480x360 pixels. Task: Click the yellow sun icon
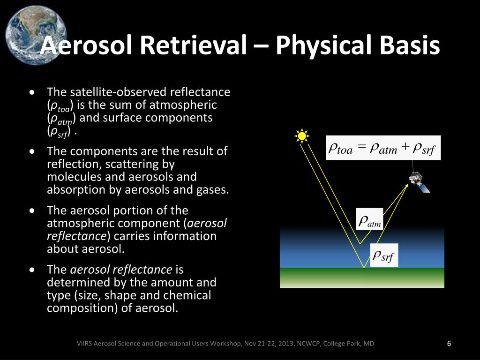click(x=301, y=136)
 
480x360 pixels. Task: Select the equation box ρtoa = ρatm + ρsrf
click(x=383, y=148)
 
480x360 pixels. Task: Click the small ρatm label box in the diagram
click(x=370, y=220)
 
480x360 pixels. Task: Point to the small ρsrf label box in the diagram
click(x=384, y=255)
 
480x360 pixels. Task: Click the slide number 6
click(x=449, y=344)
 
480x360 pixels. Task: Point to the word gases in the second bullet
click(x=213, y=189)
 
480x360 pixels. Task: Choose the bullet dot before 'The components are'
click(x=31, y=151)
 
